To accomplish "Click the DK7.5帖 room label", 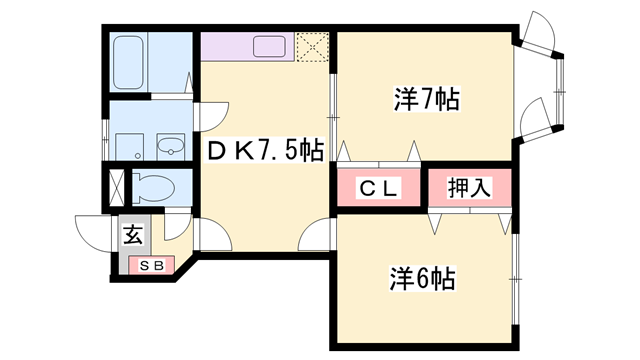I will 264,151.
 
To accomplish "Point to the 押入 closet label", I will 469,187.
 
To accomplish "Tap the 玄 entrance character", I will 133,236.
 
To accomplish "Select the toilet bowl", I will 154,186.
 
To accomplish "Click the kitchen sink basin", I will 271,46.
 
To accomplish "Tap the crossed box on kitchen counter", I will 313,47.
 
